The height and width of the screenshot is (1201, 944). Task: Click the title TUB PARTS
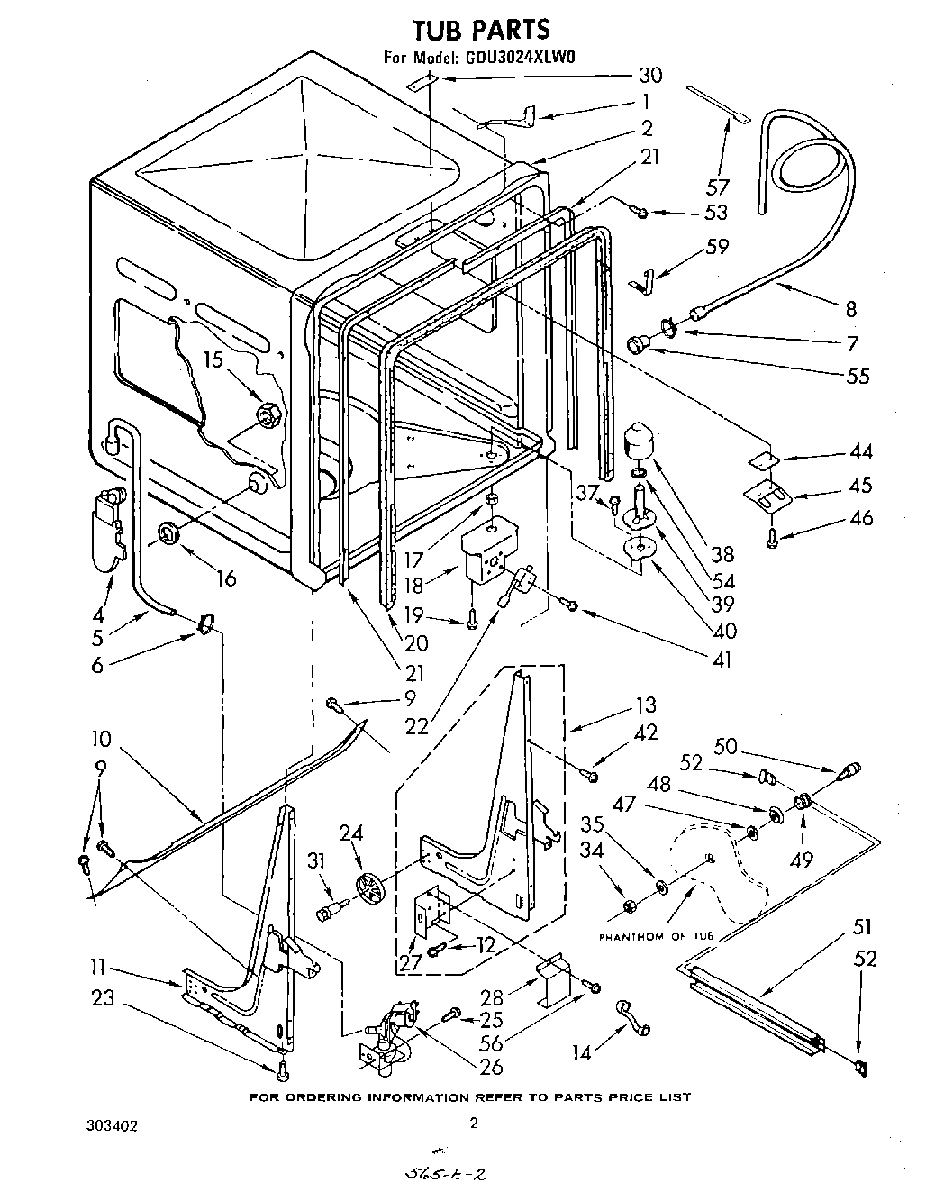(480, 30)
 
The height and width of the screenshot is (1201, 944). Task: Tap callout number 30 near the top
(649, 76)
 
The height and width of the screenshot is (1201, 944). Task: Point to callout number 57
(718, 187)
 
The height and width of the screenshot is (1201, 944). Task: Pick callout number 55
(858, 375)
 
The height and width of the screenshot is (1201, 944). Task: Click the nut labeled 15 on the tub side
(269, 415)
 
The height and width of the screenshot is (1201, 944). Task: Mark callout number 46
(861, 517)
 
